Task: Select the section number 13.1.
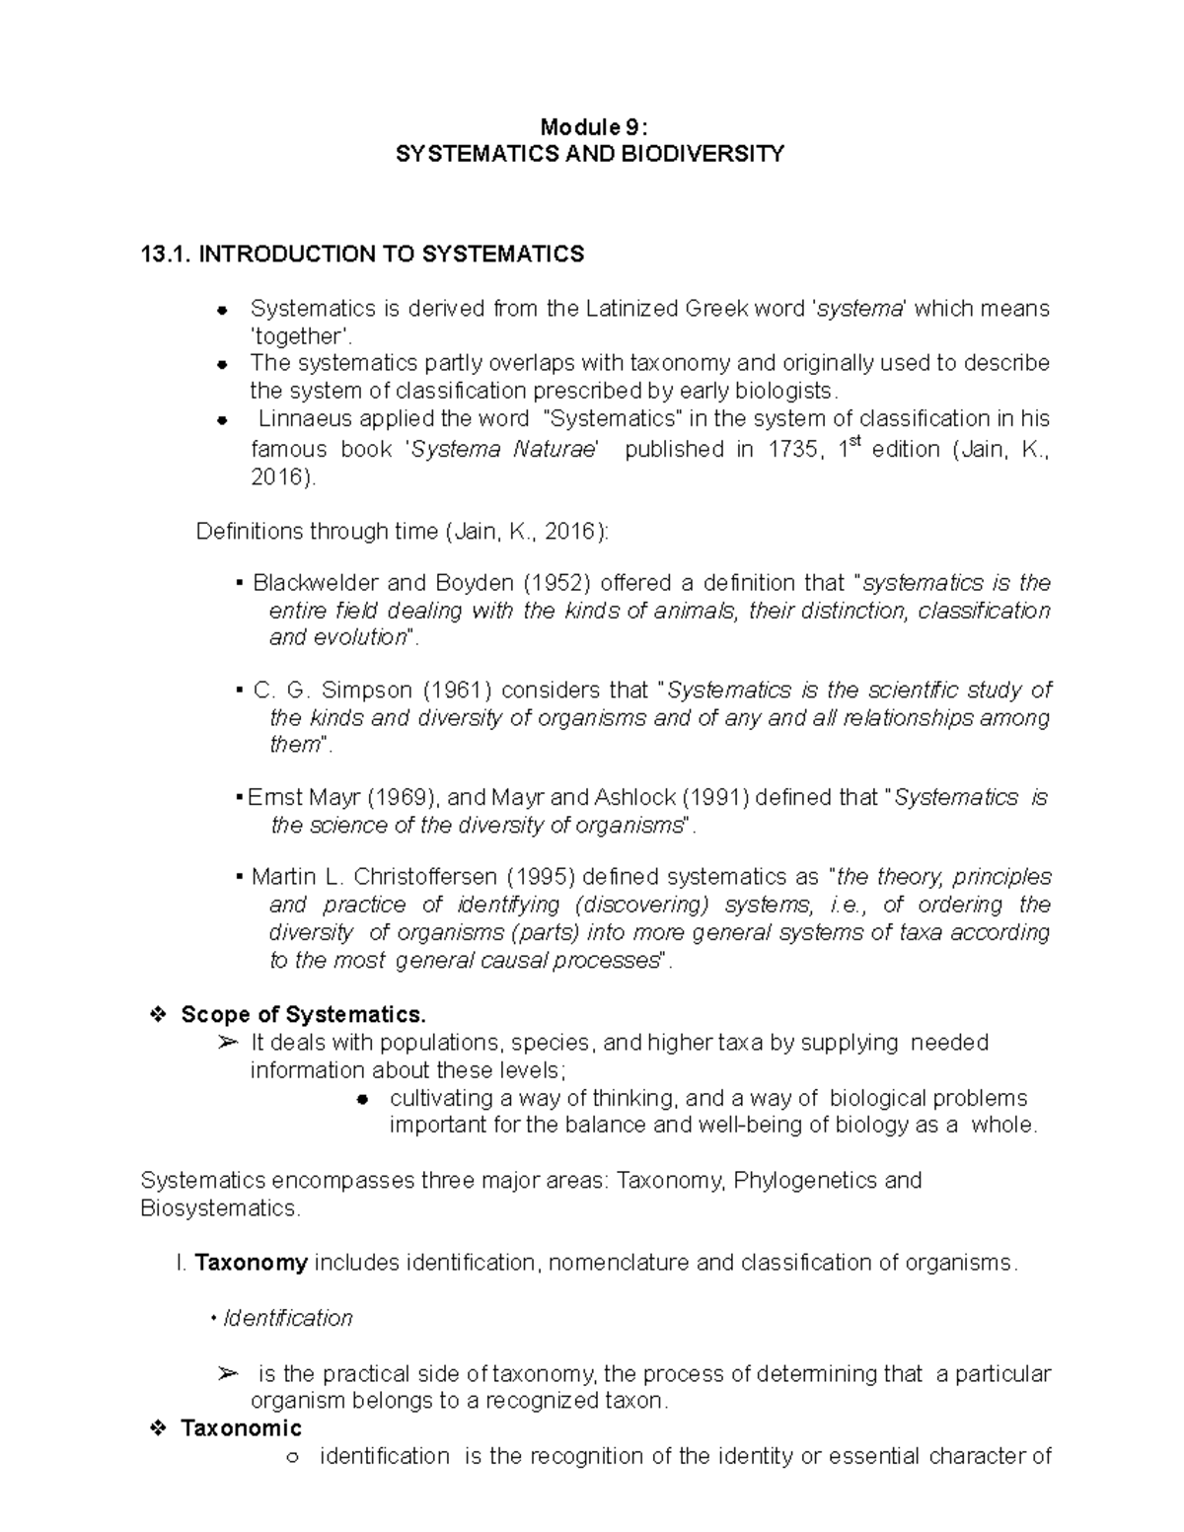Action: click(166, 255)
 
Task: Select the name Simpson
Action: click(365, 690)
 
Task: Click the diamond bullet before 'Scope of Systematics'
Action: click(156, 1015)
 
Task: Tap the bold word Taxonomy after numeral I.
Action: click(252, 1263)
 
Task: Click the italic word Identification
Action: click(288, 1318)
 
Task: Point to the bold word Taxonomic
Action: click(241, 1428)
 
